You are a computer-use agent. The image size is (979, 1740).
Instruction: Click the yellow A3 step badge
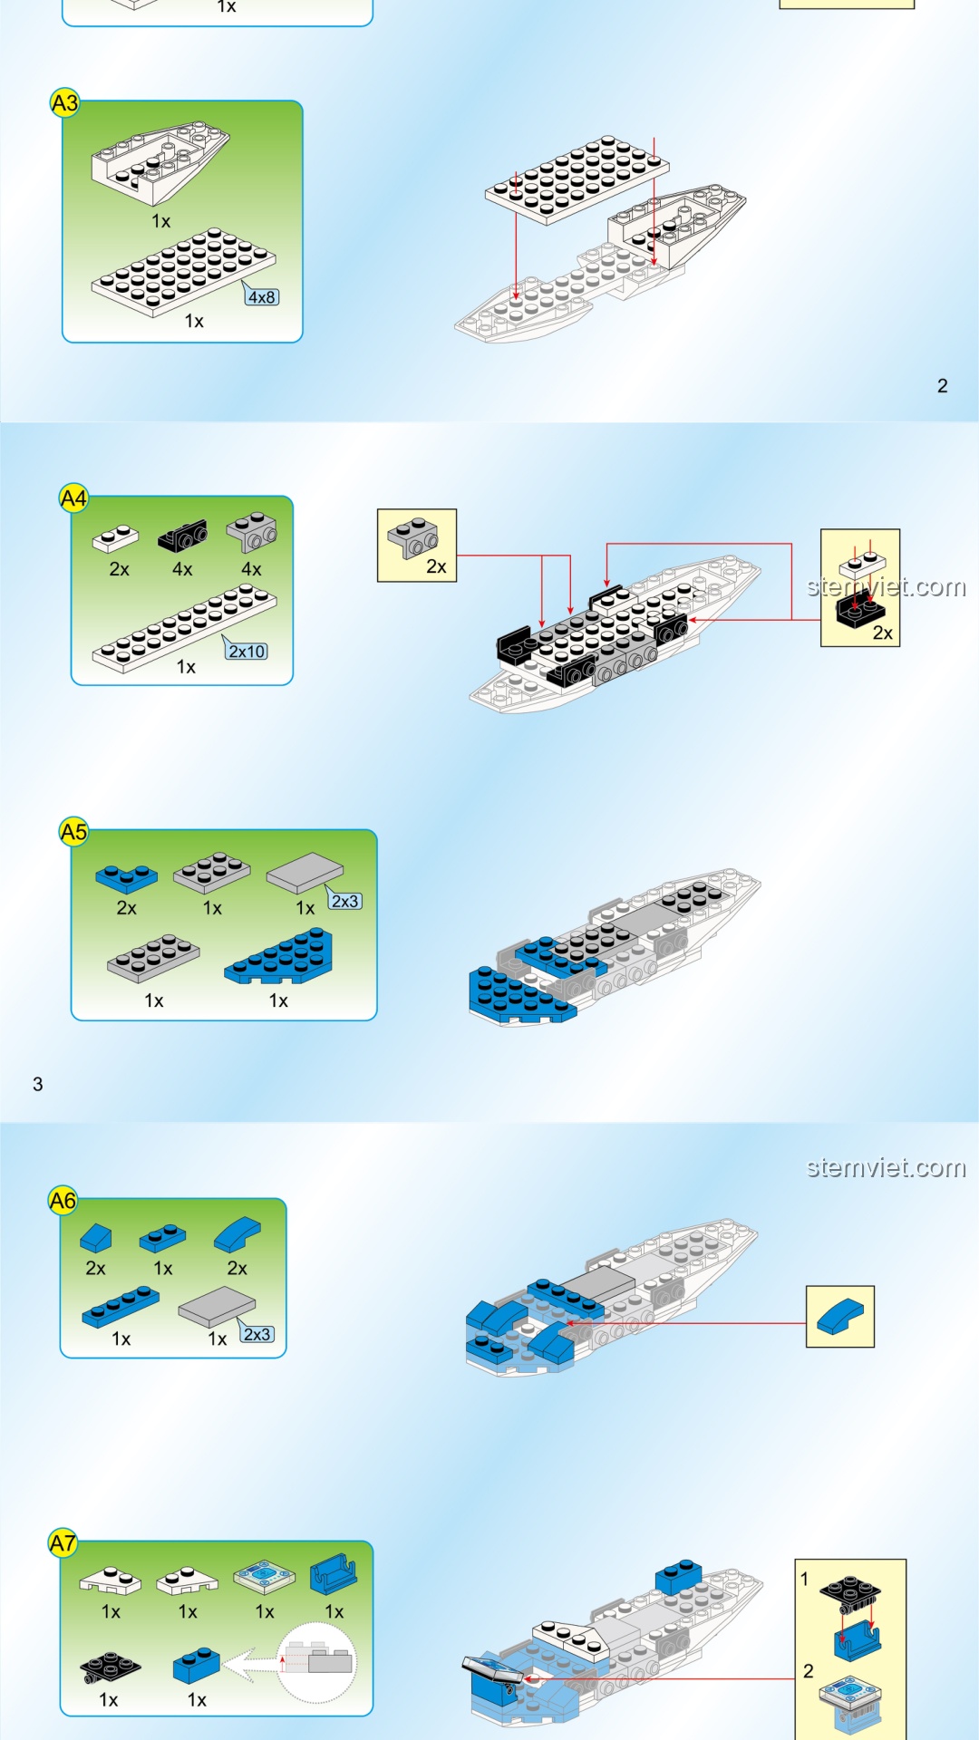64,103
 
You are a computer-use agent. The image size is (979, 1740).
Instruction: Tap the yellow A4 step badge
73,498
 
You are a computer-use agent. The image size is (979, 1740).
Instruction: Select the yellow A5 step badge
73,832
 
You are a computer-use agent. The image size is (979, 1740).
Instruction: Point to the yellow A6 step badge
63,1202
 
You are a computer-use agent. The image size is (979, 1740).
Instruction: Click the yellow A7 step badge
63,1543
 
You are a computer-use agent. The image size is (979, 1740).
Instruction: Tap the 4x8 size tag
262,296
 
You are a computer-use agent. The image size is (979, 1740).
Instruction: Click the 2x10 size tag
247,651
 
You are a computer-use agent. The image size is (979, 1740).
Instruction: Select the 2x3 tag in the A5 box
344,901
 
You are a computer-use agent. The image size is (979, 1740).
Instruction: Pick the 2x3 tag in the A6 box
257,1334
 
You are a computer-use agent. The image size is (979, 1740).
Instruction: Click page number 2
943,386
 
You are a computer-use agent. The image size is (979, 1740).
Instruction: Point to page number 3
38,1084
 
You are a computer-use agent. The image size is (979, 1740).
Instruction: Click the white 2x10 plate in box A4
184,628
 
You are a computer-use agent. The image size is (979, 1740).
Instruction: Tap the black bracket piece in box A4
182,536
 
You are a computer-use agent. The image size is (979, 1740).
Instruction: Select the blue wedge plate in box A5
279,956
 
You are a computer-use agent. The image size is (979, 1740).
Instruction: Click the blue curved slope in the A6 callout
840,1316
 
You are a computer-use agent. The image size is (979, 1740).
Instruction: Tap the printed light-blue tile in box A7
264,1578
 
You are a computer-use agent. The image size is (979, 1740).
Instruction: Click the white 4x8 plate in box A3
183,272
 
